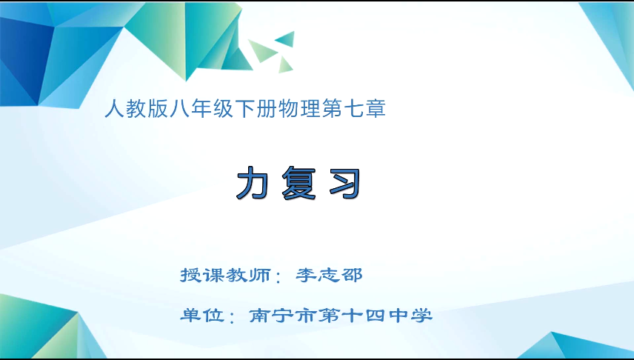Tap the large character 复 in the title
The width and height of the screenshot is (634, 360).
coord(298,183)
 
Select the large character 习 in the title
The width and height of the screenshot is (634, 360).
coord(345,183)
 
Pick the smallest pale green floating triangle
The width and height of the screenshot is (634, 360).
coord(285,65)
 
